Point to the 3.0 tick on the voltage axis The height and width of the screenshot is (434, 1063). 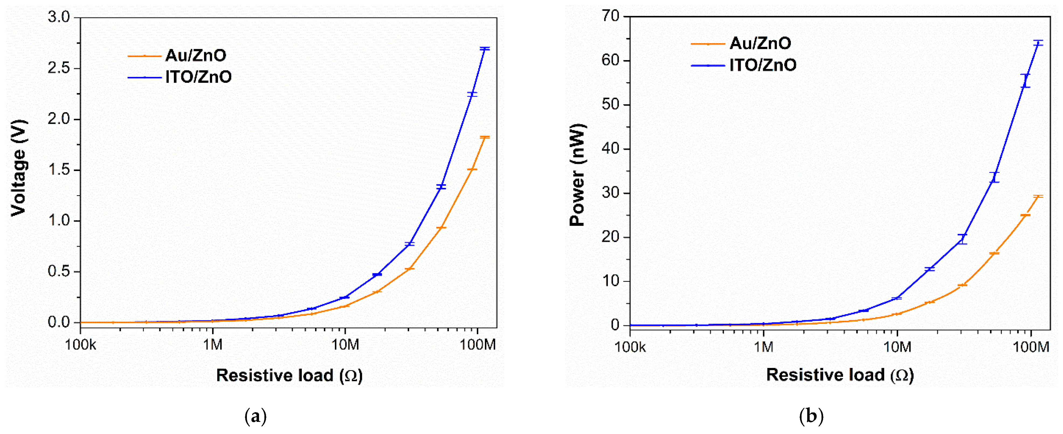59,17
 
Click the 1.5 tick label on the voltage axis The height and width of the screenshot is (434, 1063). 59,170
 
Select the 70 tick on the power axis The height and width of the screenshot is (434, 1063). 611,16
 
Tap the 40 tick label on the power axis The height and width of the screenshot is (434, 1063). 611,149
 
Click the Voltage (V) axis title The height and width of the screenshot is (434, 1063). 19,168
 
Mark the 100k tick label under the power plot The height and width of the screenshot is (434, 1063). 630,347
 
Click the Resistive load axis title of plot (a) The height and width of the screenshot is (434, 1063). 289,376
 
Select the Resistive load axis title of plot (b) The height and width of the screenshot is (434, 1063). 840,375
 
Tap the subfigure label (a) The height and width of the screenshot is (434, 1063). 256,416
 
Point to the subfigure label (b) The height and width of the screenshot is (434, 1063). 811,416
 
